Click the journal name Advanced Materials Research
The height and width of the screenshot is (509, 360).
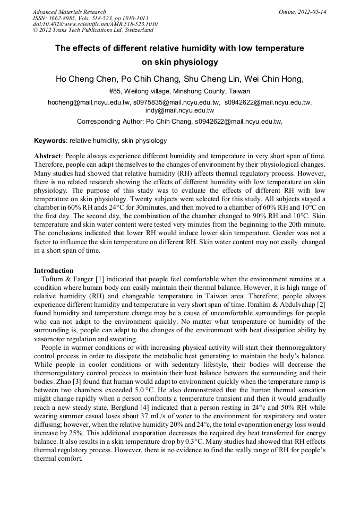click(69, 12)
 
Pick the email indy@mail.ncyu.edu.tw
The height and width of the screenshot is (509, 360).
click(179, 110)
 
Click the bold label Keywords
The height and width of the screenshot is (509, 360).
click(50, 141)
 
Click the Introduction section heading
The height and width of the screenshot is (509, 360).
click(54, 271)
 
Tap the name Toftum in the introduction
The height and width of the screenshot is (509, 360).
click(53, 279)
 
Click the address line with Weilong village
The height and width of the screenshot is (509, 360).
click(179, 91)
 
